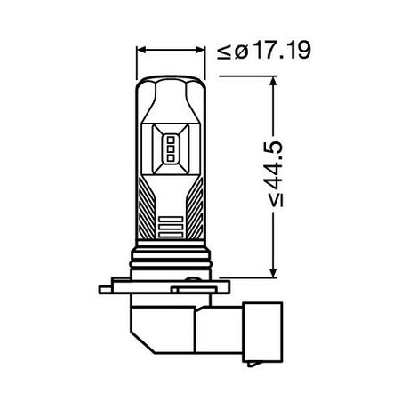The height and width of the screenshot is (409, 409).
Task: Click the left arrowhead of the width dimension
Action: coord(140,52)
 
